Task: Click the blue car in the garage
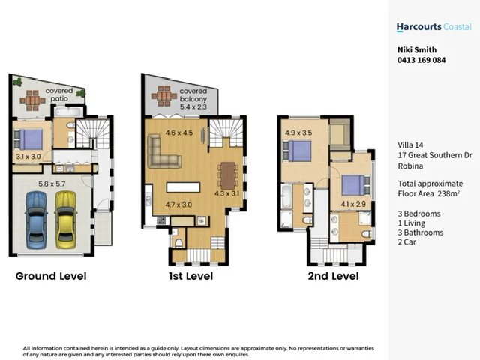(36, 218)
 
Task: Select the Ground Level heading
(51, 276)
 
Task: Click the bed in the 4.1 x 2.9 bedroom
(353, 184)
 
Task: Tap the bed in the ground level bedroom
(28, 139)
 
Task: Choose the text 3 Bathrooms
(420, 232)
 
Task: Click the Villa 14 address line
(412, 145)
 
